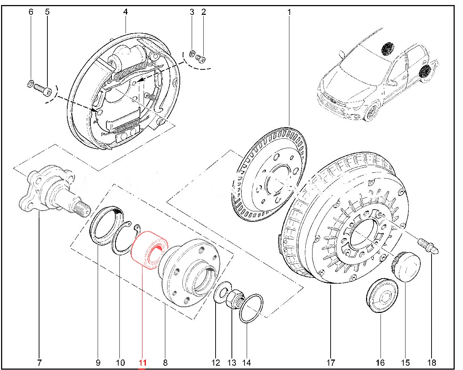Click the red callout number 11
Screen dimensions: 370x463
click(143, 362)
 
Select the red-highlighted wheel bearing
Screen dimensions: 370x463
click(146, 249)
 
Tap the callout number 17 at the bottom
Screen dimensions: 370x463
click(331, 362)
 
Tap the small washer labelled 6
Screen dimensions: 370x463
click(31, 85)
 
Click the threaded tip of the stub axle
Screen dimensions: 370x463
click(83, 210)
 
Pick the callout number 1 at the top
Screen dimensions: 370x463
click(289, 12)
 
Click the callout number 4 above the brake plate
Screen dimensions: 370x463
click(126, 12)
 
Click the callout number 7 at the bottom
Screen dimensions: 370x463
click(39, 362)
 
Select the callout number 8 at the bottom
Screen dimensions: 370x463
click(165, 362)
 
